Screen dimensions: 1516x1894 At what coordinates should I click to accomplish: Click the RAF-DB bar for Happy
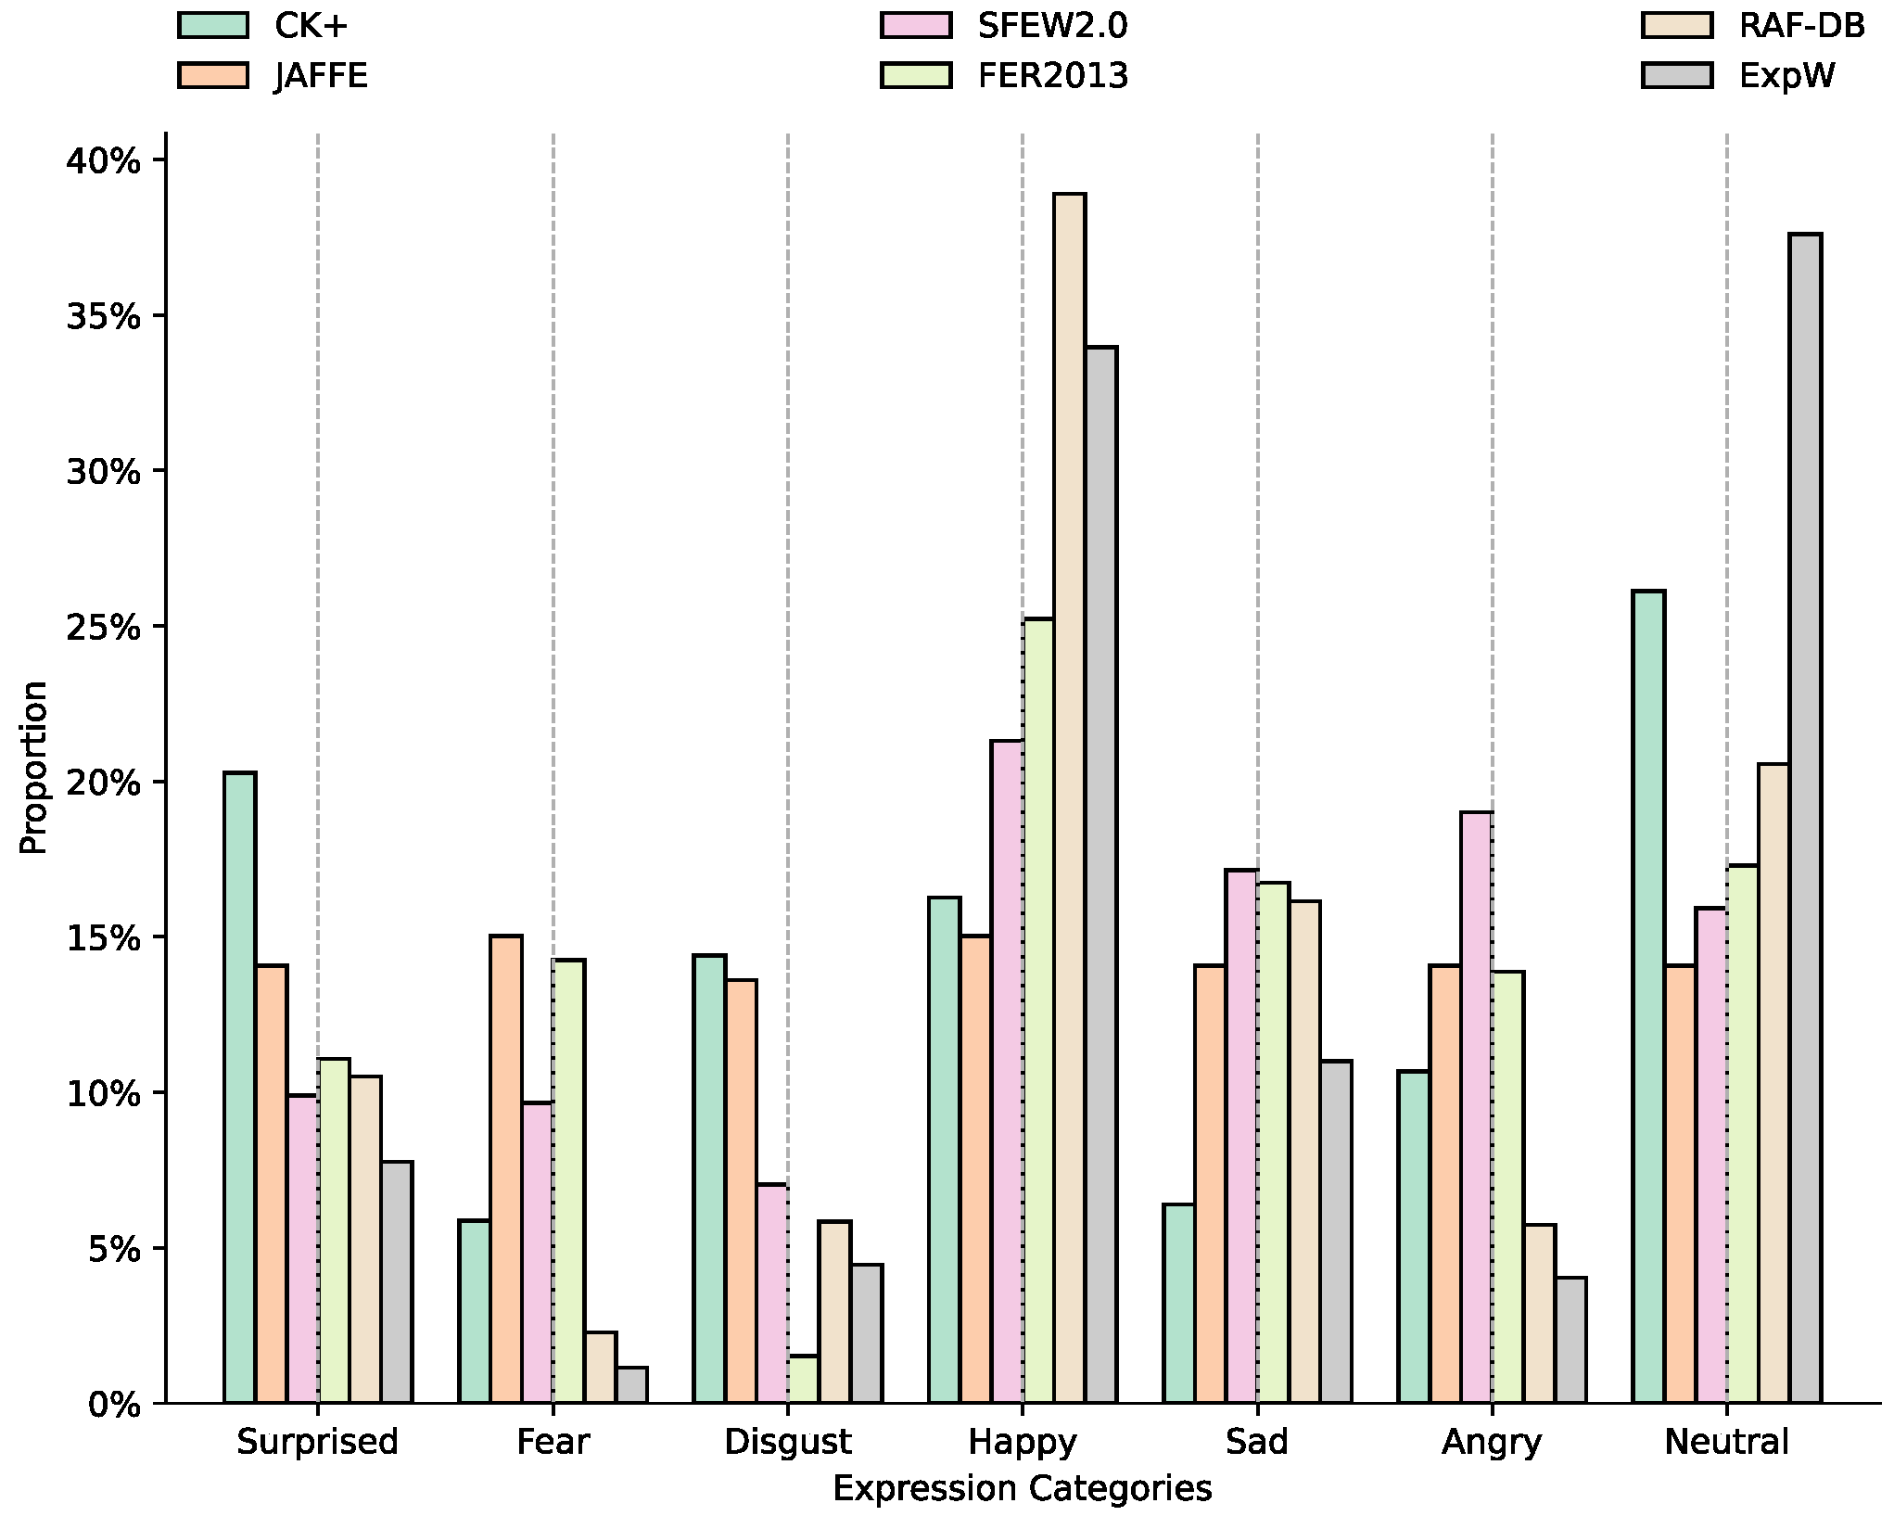1069,797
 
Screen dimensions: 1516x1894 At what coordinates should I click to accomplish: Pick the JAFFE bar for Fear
506,1168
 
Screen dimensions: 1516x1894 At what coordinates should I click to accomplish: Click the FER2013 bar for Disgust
804,1379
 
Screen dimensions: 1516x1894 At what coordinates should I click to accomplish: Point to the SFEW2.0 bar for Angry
1476,1107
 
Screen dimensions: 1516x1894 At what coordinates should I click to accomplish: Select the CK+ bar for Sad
1178,1303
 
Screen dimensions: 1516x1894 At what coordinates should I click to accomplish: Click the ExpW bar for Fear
631,1384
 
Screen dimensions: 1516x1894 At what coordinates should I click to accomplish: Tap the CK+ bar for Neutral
1648,996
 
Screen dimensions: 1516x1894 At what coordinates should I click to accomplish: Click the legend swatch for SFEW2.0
916,25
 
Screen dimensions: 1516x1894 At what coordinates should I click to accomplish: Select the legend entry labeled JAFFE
321,76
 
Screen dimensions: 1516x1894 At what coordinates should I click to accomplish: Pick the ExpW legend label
1786,76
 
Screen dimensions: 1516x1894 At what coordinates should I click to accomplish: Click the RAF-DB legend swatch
1676,25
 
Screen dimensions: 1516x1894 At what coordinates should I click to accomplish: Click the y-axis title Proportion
33,768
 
